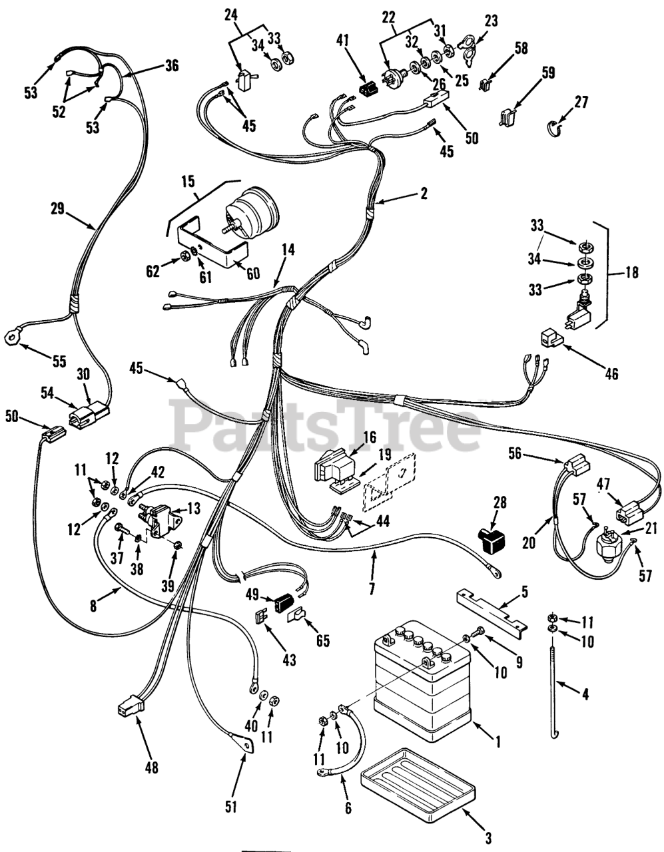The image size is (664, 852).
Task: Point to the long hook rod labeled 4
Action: click(x=554, y=686)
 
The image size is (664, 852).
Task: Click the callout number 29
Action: click(x=57, y=208)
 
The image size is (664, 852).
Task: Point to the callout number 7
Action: click(x=372, y=588)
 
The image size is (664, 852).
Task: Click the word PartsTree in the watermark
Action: click(x=326, y=426)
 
